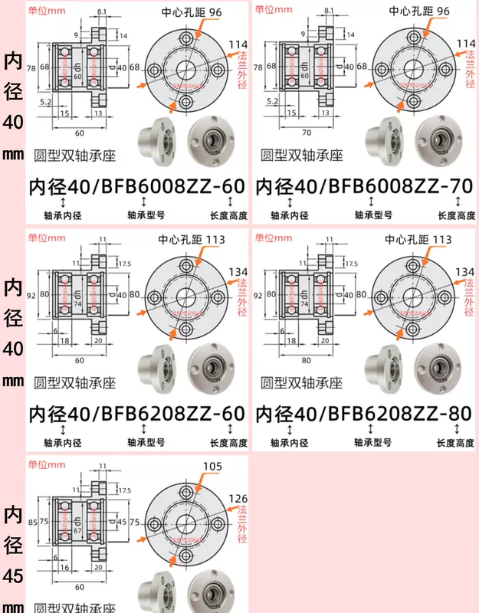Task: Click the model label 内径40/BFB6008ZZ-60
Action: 136,186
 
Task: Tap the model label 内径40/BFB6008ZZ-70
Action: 363,186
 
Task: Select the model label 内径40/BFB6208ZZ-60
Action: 136,414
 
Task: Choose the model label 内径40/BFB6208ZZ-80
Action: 363,414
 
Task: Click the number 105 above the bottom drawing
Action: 212,466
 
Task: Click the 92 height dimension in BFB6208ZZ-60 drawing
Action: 32,293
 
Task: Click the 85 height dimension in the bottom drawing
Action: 32,522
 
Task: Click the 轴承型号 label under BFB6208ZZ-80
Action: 372,443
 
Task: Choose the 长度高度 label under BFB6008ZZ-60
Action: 228,216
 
